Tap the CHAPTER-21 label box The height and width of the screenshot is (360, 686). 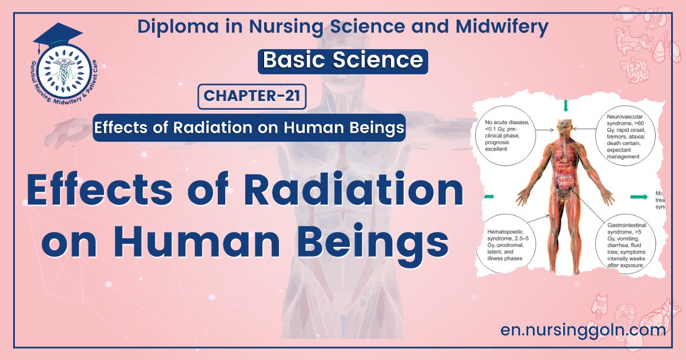pos(252,96)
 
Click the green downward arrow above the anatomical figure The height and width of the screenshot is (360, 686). pos(565,106)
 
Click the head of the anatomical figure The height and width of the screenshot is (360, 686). pos(565,126)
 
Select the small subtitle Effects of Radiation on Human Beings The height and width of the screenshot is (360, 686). pos(249,127)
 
